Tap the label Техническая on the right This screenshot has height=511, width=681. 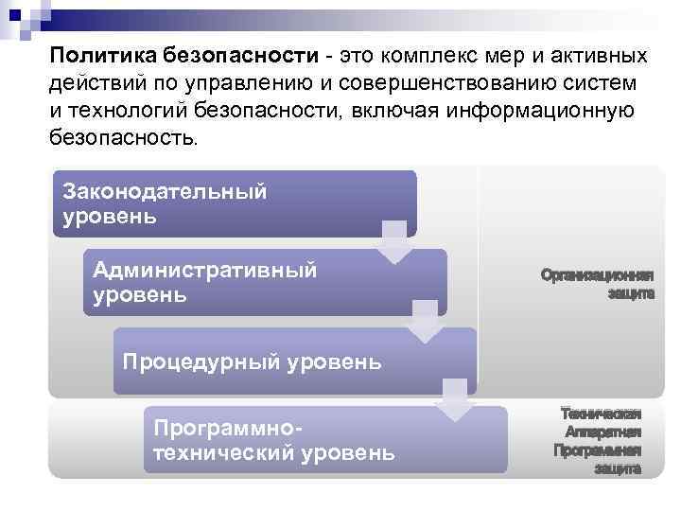[601, 414]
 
